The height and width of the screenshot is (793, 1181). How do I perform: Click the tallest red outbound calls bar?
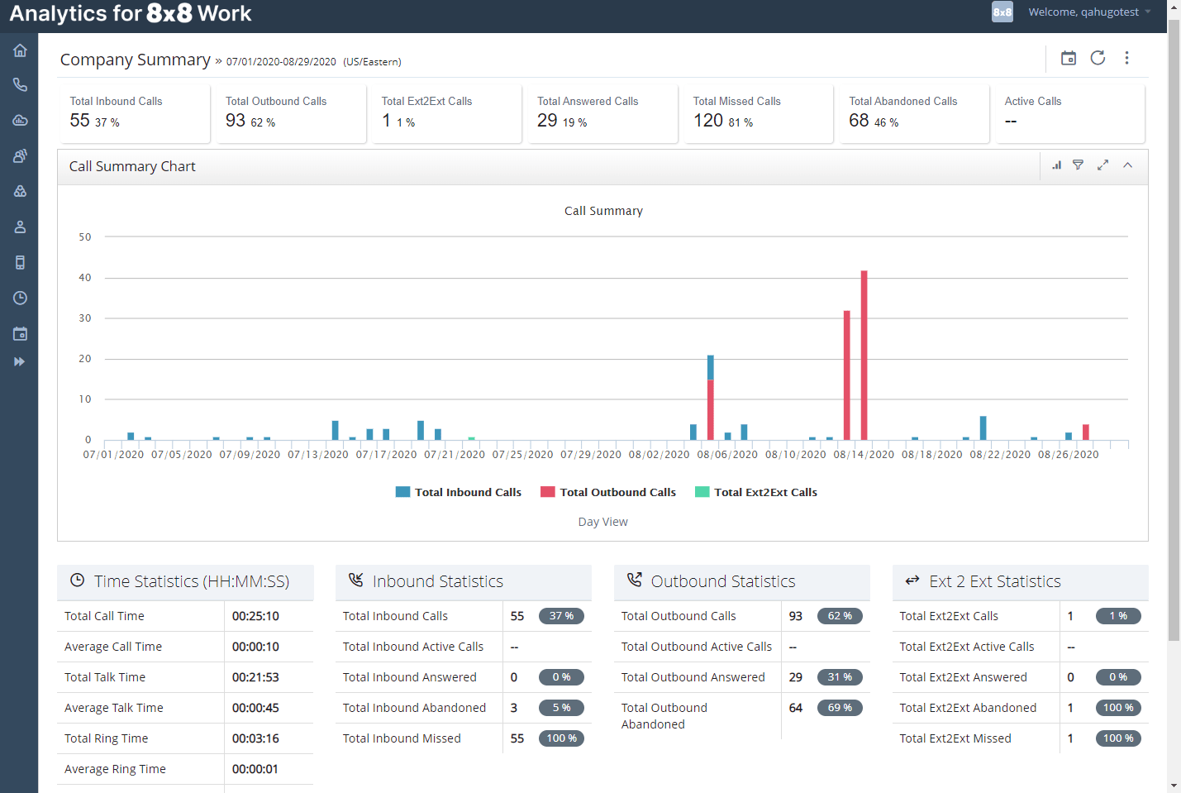864,356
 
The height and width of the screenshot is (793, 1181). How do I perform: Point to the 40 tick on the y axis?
85,278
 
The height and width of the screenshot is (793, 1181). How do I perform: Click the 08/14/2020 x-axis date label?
864,455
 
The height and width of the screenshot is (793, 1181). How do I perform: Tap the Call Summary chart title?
603,211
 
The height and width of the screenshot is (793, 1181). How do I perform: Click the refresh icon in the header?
1098,58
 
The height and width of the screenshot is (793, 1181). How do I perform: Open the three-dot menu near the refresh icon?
1126,58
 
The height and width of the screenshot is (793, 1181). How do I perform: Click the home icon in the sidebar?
20,50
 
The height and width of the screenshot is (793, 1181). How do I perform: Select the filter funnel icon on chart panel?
1078,165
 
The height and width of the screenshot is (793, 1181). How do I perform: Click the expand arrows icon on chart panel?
1102,165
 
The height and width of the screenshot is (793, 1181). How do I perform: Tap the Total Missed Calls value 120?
708,121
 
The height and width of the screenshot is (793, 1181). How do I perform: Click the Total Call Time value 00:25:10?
255,616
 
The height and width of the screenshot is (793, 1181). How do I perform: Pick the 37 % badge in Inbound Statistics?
561,616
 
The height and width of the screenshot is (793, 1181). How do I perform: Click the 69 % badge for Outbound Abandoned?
840,708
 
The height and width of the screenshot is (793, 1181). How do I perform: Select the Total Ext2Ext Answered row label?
963,677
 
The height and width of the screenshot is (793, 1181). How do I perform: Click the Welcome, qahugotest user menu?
1083,12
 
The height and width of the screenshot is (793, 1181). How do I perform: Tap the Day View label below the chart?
602,522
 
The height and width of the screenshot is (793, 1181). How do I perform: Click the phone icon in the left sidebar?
20,84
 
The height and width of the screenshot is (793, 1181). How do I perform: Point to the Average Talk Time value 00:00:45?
255,708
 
